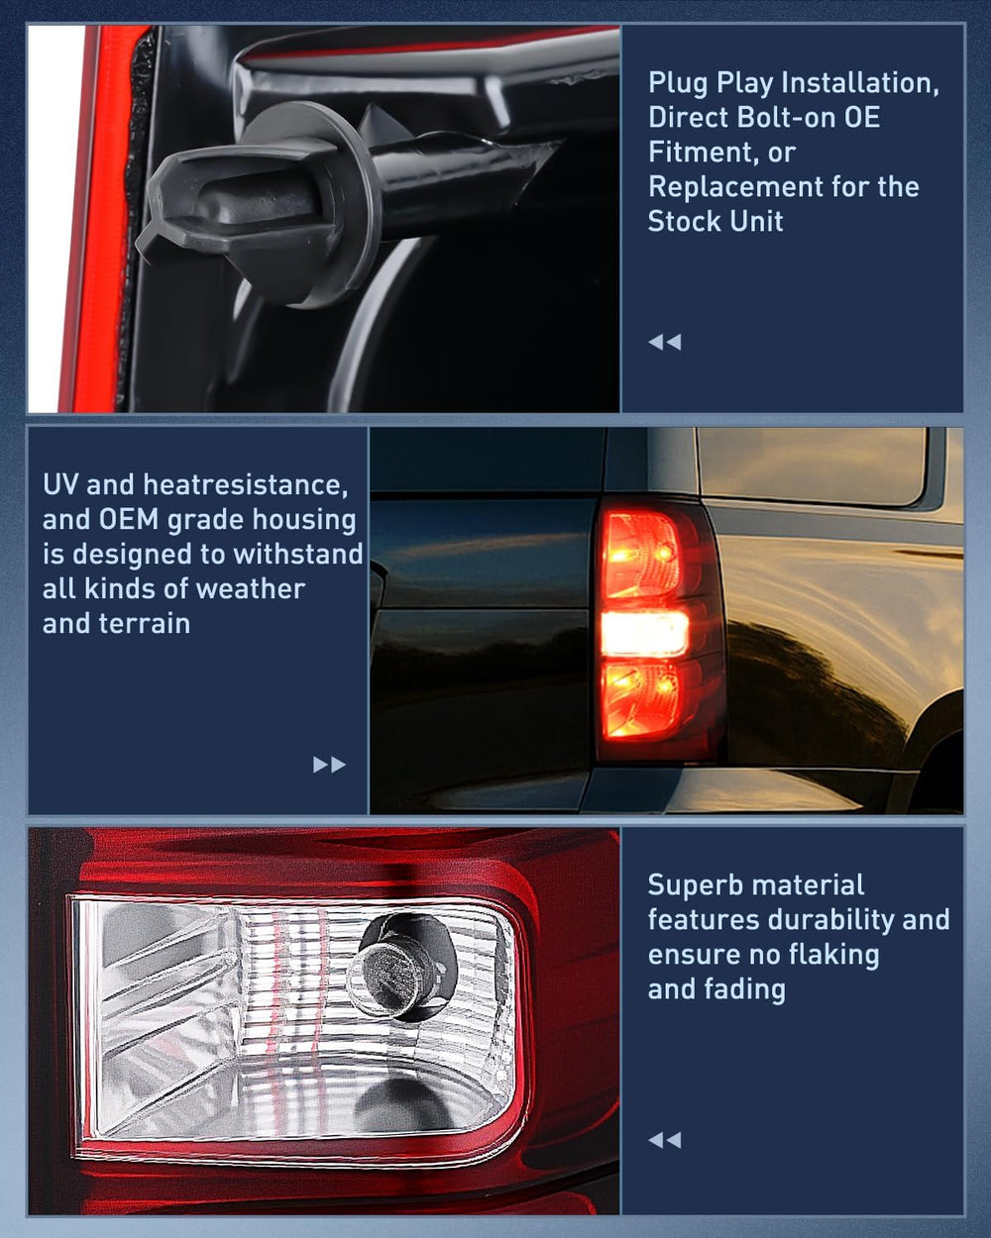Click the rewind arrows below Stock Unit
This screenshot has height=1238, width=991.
click(x=665, y=343)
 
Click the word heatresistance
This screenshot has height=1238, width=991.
click(x=246, y=484)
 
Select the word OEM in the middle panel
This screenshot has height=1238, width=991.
click(x=129, y=520)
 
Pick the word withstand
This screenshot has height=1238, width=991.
click(x=297, y=554)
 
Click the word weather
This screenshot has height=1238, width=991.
click(x=250, y=589)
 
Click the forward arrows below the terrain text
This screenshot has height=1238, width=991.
click(x=329, y=765)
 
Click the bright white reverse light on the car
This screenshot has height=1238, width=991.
click(x=645, y=633)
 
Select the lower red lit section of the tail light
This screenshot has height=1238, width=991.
click(x=640, y=699)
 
